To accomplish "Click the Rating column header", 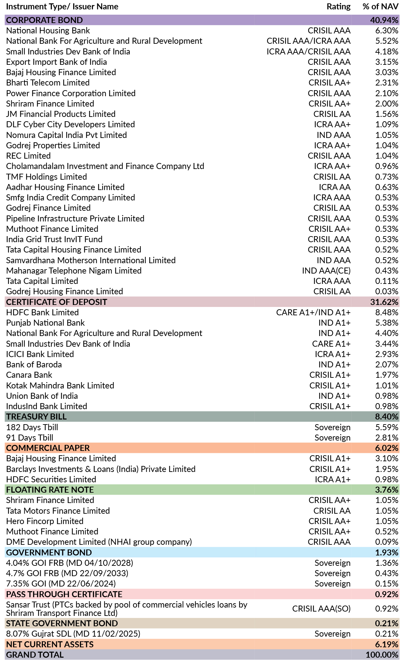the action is (x=339, y=7).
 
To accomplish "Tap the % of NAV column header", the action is (x=380, y=7).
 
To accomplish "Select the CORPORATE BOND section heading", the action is (x=44, y=20).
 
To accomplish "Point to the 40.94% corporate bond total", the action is (x=384, y=20).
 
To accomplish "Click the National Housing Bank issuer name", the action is (x=48, y=31).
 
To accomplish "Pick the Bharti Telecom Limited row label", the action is (x=48, y=83).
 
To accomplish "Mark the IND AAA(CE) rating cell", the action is (x=326, y=271).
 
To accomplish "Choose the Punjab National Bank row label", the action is (x=45, y=323).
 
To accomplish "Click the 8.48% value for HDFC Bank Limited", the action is (x=387, y=313).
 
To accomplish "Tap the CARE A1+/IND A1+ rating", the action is (x=313, y=313).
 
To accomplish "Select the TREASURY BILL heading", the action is (x=36, y=417).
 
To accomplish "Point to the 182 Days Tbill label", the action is (x=32, y=427).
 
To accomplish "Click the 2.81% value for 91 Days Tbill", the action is (x=387, y=438).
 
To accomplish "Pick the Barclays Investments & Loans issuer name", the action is (x=101, y=469).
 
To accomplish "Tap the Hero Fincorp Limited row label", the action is (x=45, y=521).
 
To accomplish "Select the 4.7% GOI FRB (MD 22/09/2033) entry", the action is (x=67, y=573).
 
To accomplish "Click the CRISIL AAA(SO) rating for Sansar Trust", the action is (x=321, y=609).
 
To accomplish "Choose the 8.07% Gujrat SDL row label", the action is (x=73, y=634).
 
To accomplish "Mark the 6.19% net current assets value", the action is (x=387, y=644).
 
